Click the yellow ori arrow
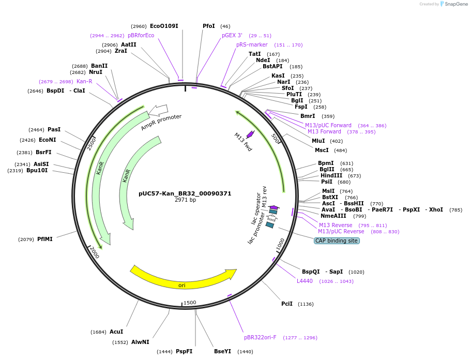tap(182, 279)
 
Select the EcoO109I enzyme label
tap(164, 26)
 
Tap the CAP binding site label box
tap(337, 241)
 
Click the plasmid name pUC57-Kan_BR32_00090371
tap(185, 193)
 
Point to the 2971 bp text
tap(185, 200)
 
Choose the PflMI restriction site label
tap(45, 239)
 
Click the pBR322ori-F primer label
tap(260, 337)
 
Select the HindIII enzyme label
tap(333, 175)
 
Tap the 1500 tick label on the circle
tap(190, 303)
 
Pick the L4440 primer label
tap(305, 281)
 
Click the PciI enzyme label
tap(287, 304)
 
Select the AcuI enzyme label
tap(116, 332)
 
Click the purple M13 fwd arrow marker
tap(250, 134)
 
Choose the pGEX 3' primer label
tap(232, 35)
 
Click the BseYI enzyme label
tap(223, 351)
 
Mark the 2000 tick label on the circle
tap(94, 252)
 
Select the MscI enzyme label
tap(322, 150)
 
